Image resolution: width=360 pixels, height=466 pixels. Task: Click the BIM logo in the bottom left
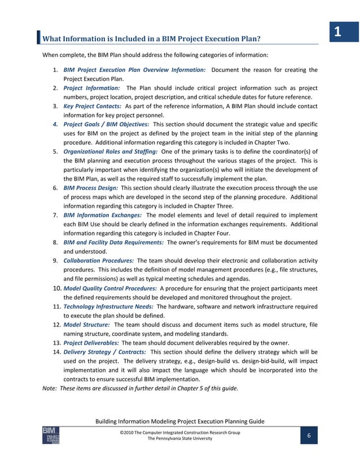tap(51, 436)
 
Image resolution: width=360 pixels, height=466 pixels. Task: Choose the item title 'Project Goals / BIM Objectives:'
tap(106, 124)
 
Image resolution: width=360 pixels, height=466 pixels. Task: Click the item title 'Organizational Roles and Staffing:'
tap(111, 151)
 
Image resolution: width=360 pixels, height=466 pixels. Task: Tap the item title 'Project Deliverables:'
tap(91, 342)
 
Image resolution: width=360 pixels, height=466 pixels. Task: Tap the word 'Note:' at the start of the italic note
tap(51, 388)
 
